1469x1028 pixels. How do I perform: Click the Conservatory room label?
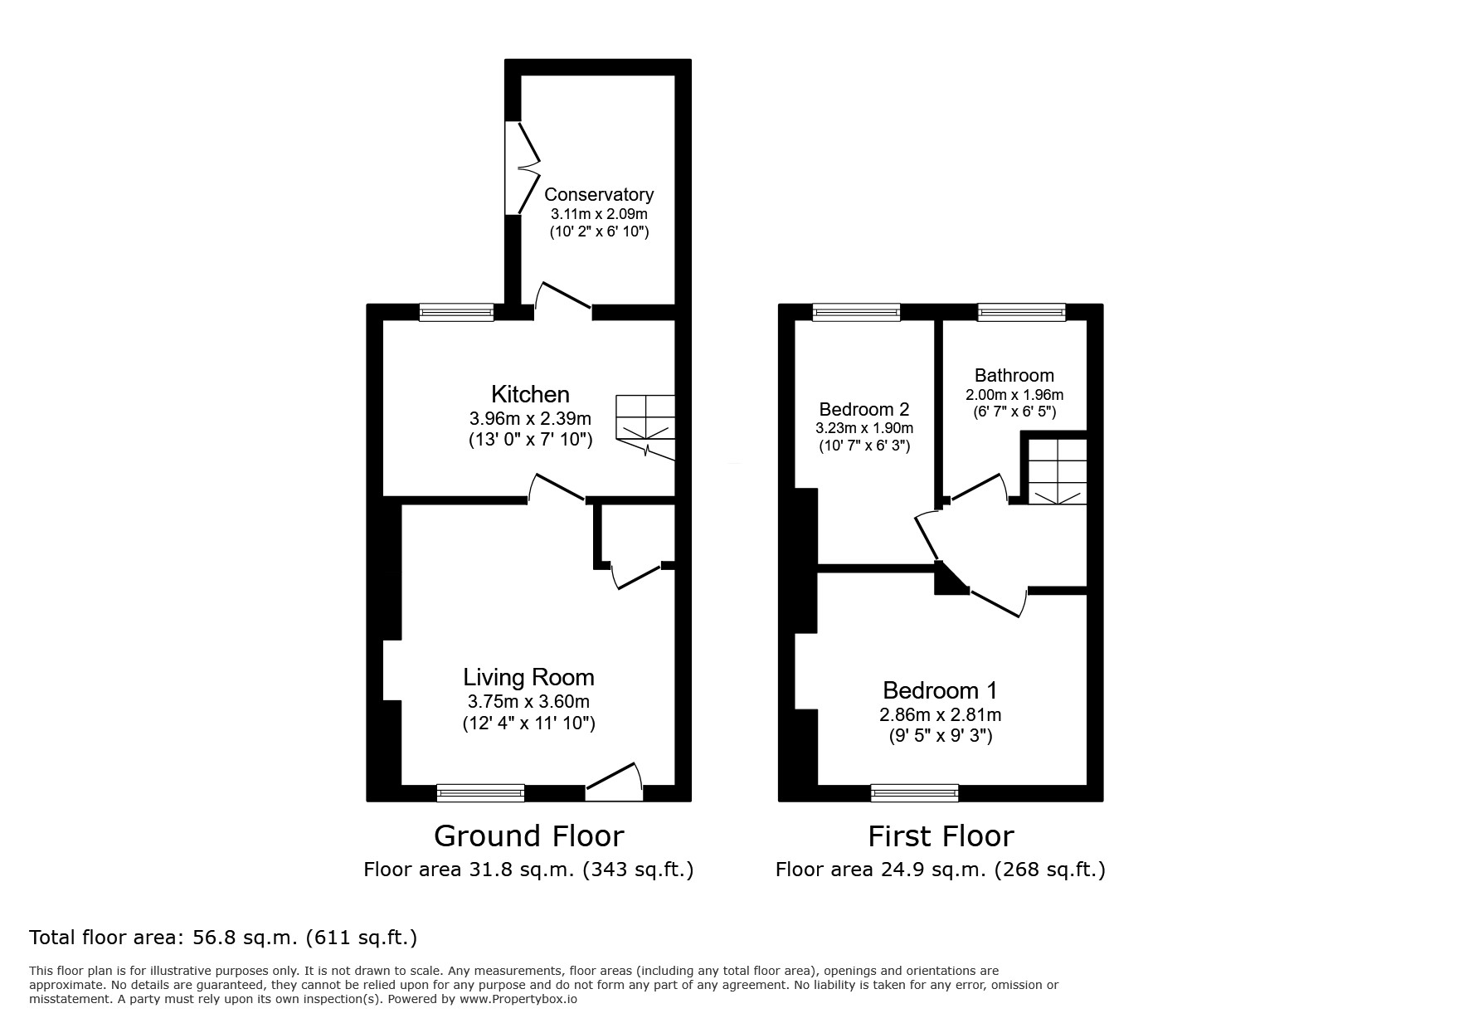599,194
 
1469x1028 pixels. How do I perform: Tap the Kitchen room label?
530,394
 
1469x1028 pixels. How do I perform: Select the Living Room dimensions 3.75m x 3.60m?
528,702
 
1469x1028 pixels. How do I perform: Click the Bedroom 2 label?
863,409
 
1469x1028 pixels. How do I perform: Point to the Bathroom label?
1014,375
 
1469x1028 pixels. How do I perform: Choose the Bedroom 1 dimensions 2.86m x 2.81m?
940,714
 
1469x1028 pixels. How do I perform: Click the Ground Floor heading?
528,836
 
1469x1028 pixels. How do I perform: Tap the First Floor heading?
940,836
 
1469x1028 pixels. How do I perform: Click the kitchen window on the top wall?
456,312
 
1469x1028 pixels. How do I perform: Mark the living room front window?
480,793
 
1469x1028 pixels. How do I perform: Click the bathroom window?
1021,312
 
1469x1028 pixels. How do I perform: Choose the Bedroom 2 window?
856,312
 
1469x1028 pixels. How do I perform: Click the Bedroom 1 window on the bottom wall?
914,793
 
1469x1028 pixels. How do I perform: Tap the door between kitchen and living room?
557,490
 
